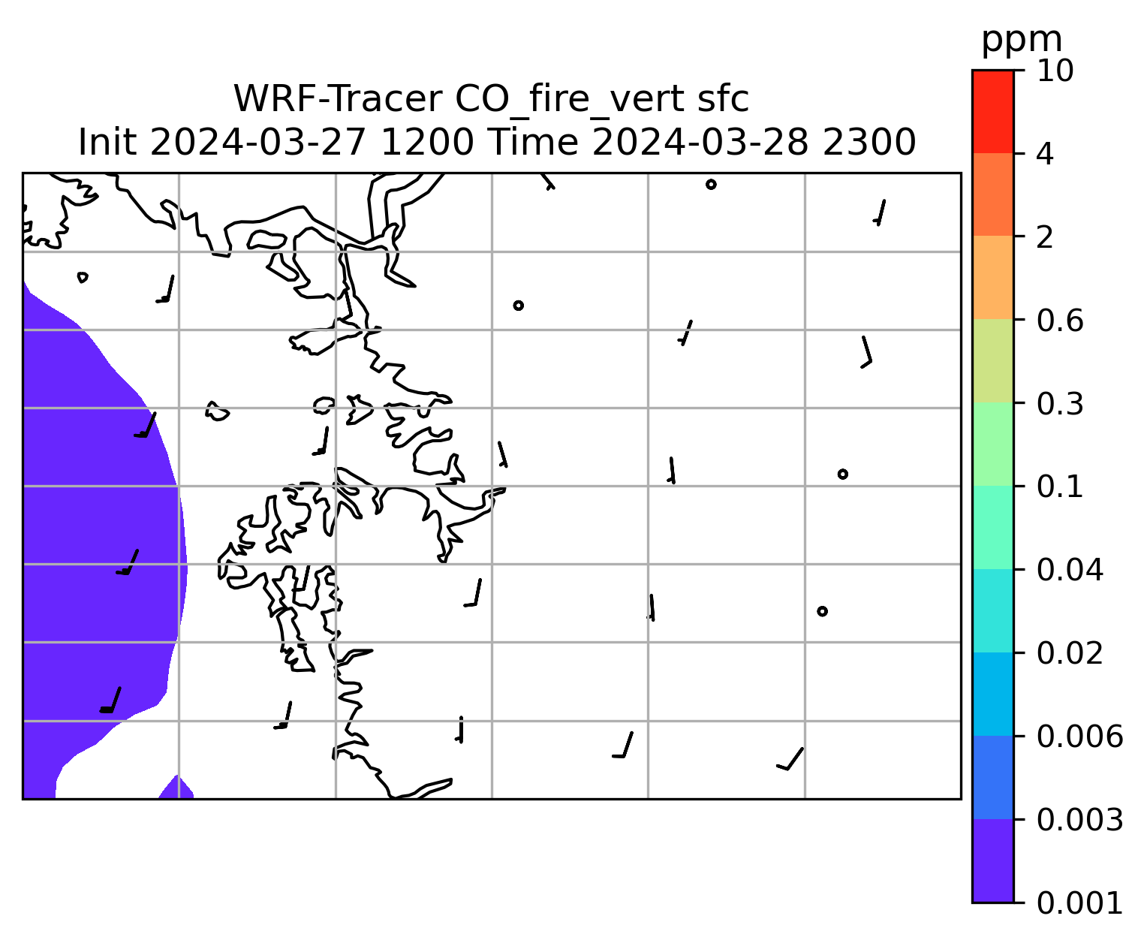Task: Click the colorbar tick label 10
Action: [1055, 71]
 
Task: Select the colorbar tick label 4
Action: [1045, 154]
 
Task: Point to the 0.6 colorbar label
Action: [1060, 321]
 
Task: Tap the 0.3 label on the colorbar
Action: [1060, 403]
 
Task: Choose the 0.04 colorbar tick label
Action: [1070, 570]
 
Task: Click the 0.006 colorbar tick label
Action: [1079, 737]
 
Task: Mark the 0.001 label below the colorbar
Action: [1079, 903]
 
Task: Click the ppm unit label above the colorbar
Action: [1022, 41]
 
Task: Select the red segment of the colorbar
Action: [993, 111]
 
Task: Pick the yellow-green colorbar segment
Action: [993, 360]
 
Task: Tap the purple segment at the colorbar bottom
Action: [993, 861]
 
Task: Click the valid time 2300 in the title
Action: [869, 143]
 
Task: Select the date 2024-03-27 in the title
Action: [257, 143]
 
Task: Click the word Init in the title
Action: [107, 143]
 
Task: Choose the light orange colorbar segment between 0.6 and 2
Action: [993, 277]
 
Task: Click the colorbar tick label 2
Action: [1045, 237]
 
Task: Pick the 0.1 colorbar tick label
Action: [1060, 487]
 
